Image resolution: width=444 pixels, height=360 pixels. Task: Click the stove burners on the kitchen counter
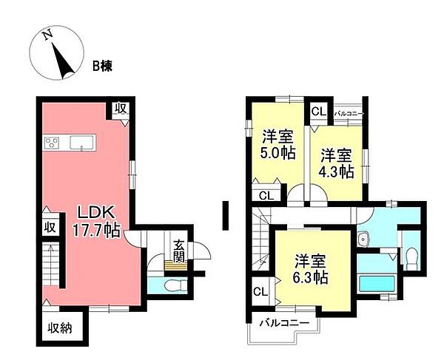(52, 142)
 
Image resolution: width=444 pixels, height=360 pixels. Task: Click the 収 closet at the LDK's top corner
(120, 109)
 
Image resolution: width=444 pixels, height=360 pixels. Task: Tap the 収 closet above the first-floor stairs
(50, 227)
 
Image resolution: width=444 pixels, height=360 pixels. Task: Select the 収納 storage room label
(61, 327)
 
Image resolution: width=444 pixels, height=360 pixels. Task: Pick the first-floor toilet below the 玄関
(171, 285)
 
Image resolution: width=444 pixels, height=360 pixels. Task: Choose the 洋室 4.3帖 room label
(337, 163)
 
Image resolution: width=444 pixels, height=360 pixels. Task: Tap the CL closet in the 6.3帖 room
(260, 291)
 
